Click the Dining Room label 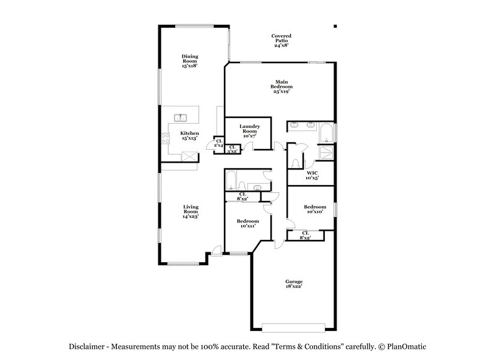pyautogui.click(x=189, y=61)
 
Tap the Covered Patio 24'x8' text pyautogui.click(x=281, y=41)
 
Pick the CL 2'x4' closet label pyautogui.click(x=218, y=143)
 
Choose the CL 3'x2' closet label pyautogui.click(x=232, y=150)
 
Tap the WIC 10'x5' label pyautogui.click(x=312, y=175)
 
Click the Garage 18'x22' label pyautogui.click(x=294, y=284)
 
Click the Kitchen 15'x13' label pyautogui.click(x=189, y=136)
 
